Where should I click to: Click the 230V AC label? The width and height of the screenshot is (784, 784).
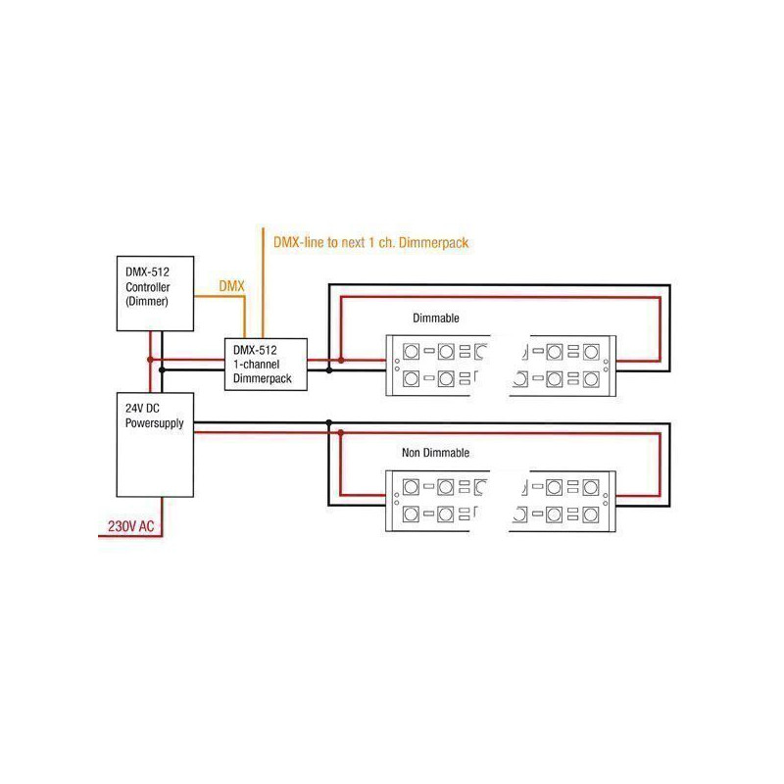(x=131, y=526)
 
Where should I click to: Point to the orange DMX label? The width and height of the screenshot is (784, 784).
(x=231, y=286)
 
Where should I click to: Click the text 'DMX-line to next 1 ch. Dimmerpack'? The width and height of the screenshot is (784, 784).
(x=370, y=243)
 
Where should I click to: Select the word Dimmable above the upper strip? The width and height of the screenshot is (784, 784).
(x=435, y=318)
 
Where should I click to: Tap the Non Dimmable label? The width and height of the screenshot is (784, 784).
(x=435, y=453)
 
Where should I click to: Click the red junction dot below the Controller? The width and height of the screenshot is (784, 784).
(x=151, y=360)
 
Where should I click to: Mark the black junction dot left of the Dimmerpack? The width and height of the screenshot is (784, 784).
(x=162, y=370)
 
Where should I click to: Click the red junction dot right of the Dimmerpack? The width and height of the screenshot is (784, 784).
(x=340, y=360)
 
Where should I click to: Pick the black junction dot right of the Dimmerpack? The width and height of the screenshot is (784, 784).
(x=329, y=370)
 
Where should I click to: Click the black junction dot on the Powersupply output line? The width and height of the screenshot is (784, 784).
(x=329, y=423)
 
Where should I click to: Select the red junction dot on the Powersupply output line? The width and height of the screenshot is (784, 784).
(x=340, y=433)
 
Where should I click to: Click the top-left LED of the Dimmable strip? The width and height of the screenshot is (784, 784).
(x=411, y=352)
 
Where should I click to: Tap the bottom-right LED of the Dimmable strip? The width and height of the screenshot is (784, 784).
(x=591, y=379)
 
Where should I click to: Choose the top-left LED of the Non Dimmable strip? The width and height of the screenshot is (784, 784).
(x=411, y=486)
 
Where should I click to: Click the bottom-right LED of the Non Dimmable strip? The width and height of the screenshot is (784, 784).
(x=591, y=514)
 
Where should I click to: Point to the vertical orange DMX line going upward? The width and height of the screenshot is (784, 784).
(x=263, y=282)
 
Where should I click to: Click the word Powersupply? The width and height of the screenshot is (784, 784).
(x=155, y=423)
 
